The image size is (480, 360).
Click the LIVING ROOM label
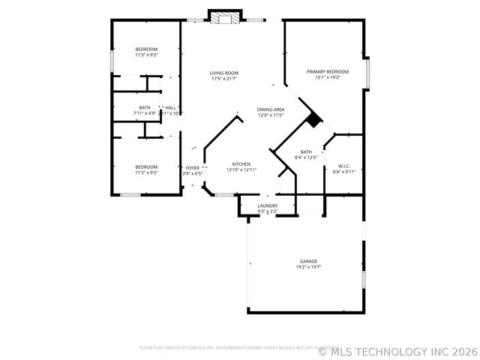(x=224, y=73)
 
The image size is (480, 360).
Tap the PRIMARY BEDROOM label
(x=328, y=71)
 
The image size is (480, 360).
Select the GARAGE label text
(x=309, y=261)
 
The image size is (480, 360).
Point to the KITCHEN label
(x=241, y=164)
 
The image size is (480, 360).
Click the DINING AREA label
(x=271, y=109)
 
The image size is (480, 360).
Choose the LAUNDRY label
(x=268, y=205)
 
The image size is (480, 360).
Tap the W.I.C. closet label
(x=345, y=166)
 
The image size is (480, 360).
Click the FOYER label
(x=193, y=168)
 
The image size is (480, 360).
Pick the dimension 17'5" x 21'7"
(x=224, y=79)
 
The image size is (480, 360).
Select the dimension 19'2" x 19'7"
(x=309, y=267)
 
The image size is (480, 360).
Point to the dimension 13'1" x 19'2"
(x=328, y=77)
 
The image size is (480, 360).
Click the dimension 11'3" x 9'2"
(x=146, y=55)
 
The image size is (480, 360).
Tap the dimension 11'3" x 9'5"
(x=146, y=172)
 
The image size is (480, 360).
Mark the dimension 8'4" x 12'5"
(x=306, y=157)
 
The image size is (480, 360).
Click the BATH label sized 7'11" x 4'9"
(x=144, y=107)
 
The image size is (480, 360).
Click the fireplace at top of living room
(x=224, y=17)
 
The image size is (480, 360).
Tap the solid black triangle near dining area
(x=313, y=119)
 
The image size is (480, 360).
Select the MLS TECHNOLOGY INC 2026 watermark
(x=397, y=350)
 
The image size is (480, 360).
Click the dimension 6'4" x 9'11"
(x=345, y=172)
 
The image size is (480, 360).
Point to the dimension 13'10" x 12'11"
(x=241, y=170)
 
